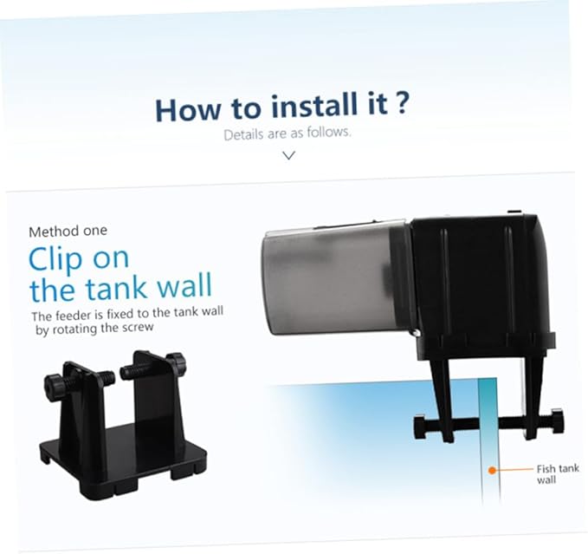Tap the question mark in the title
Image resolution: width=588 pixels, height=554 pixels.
pyautogui.click(x=401, y=103)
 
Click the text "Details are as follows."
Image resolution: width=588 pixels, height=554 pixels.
pyautogui.click(x=288, y=134)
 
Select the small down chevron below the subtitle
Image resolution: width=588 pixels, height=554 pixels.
pyautogui.click(x=288, y=155)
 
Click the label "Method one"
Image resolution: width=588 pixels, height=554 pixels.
pyautogui.click(x=68, y=231)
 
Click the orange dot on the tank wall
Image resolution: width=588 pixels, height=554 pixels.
pyautogui.click(x=492, y=470)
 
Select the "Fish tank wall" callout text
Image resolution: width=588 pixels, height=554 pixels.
pyautogui.click(x=558, y=474)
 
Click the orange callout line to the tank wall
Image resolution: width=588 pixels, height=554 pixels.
pyautogui.click(x=514, y=470)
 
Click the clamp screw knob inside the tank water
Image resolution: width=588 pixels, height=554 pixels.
pyautogui.click(x=420, y=426)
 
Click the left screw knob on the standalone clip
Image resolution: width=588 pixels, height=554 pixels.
pyautogui.click(x=53, y=383)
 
